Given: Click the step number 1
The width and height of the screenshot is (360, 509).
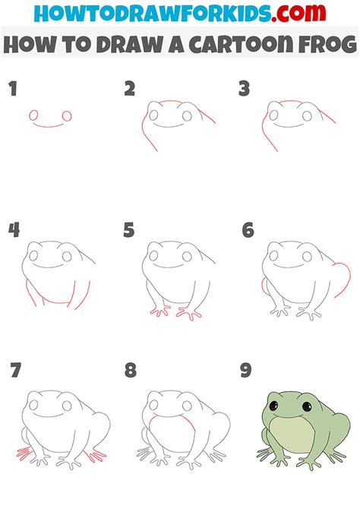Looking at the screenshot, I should tap(12, 90).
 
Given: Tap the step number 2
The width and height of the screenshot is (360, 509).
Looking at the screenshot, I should tap(130, 89).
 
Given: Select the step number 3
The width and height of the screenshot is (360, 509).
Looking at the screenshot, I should tap(244, 89).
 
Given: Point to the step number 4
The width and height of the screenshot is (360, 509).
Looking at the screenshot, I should tap(13, 229).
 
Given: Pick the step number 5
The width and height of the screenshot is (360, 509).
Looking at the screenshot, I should tap(130, 229).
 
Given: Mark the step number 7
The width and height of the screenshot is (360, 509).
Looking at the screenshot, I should tap(15, 371).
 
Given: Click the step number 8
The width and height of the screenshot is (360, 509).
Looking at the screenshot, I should tap(131, 371).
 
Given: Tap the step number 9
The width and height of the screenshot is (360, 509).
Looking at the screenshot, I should tap(246, 371).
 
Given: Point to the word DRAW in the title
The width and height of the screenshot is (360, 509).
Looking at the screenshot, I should tap(122, 45).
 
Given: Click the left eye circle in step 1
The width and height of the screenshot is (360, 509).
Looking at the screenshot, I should tap(33, 115).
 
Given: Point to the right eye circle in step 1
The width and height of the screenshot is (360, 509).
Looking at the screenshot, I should tap(67, 116).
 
